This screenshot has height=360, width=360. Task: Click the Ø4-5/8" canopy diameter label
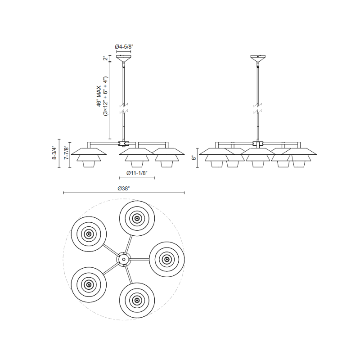coord(124,46)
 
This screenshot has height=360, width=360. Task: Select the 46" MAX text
coord(99,97)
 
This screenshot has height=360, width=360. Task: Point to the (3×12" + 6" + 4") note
coord(106,97)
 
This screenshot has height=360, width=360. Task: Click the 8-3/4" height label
coord(54,153)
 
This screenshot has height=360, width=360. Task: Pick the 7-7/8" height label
coord(66,153)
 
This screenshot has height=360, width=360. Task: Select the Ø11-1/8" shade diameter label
coord(137,173)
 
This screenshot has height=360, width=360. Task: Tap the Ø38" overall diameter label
coord(124,189)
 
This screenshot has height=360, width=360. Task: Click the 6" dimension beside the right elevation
coord(194,158)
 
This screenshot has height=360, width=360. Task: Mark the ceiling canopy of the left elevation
coord(124,58)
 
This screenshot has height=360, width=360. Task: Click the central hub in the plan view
coord(123,259)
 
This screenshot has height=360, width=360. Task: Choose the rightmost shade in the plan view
coord(167,260)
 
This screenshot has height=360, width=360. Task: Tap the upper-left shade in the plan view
coord(89,234)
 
